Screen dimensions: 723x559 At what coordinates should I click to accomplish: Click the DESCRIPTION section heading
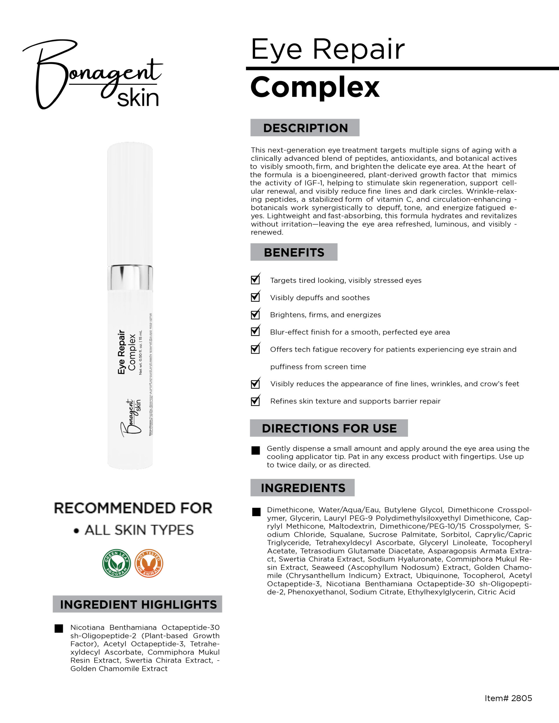pyautogui.click(x=305, y=128)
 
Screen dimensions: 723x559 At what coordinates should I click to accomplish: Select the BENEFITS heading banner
pyautogui.click(x=294, y=252)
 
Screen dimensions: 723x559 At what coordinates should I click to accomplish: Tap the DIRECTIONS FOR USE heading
pyautogui.click(x=329, y=428)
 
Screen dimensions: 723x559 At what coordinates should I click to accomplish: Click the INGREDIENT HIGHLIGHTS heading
pyautogui.click(x=138, y=604)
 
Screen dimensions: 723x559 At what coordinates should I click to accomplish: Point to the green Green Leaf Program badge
pyautogui.click(x=116, y=563)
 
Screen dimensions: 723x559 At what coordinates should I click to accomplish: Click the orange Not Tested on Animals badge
pyautogui.click(x=149, y=563)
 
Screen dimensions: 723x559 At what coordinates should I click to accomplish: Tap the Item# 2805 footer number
pyautogui.click(x=508, y=698)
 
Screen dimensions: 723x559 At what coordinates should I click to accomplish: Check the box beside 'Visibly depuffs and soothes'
pyautogui.click(x=255, y=297)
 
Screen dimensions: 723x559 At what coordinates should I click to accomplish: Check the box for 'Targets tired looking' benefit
pyautogui.click(x=255, y=280)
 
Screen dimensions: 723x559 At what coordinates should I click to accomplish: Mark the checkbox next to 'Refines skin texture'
pyautogui.click(x=255, y=401)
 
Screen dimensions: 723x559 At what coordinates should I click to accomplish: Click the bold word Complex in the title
pyautogui.click(x=315, y=87)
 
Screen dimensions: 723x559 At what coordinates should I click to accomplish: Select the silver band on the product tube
pyautogui.click(x=130, y=277)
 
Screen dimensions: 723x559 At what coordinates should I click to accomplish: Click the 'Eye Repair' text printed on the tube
pyautogui.click(x=122, y=352)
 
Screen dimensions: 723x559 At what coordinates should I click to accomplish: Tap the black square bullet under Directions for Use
pyautogui.click(x=256, y=451)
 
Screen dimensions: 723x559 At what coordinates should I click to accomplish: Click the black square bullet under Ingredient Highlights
pyautogui.click(x=59, y=629)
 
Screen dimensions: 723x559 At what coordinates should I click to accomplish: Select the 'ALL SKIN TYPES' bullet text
pyautogui.click(x=139, y=530)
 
